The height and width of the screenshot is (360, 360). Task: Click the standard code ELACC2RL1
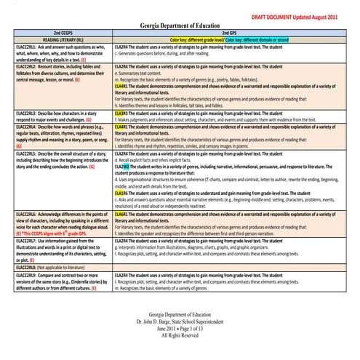pyautogui.click(x=16, y=46)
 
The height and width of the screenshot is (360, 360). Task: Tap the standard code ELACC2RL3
pyautogui.click(x=16, y=114)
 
